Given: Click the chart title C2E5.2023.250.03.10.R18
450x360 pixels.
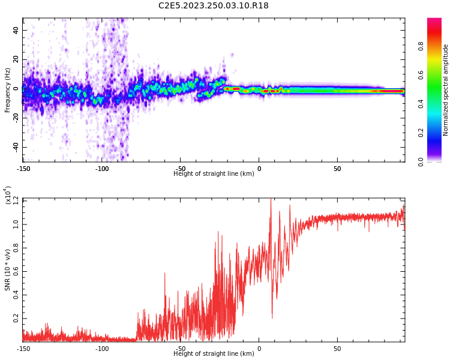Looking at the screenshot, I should (x=213, y=6).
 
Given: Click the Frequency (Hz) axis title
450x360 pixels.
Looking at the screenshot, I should (x=8, y=90).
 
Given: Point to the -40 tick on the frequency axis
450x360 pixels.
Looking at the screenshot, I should (x=15, y=147).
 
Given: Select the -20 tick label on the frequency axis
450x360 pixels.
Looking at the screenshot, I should (x=15, y=118).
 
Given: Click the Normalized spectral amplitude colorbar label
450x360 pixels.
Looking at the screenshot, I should (x=446, y=90).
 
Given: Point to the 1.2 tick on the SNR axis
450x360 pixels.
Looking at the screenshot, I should (x=16, y=200).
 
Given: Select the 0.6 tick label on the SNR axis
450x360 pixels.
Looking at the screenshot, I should (x=16, y=271).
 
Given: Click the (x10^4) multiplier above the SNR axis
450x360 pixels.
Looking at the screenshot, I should (x=8, y=195).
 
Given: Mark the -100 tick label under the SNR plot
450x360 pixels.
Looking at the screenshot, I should (x=102, y=349).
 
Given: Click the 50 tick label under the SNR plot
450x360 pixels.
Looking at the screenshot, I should (x=337, y=349).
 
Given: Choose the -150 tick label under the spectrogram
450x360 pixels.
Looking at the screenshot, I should (x=23, y=169).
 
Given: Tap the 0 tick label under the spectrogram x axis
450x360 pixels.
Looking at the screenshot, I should (x=259, y=169).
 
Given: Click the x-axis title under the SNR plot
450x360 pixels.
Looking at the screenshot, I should (x=214, y=354).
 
